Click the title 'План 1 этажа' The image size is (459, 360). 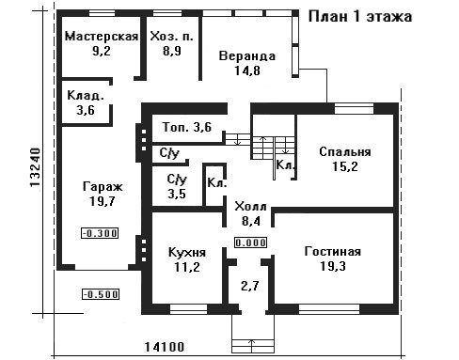point(360,17)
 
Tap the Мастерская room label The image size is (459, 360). point(102,37)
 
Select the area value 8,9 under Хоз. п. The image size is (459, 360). point(172,51)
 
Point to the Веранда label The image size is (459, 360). point(247,56)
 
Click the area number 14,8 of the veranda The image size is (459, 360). point(247,70)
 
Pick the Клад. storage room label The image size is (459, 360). point(86,96)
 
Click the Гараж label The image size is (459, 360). point(103,187)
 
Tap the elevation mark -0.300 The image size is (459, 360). point(100,233)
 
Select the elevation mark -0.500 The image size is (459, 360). point(101,294)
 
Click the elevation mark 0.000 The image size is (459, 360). point(251,243)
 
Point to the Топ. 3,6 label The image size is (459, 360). point(187,127)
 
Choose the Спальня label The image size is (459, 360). point(345,152)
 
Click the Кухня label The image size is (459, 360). point(187,253)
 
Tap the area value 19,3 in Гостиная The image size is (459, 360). point(333,266)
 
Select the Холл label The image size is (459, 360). point(250,207)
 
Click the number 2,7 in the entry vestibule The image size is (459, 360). point(250,286)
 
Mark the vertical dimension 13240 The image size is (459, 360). point(35,167)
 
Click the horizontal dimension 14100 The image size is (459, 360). point(165,347)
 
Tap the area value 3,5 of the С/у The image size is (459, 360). point(177,194)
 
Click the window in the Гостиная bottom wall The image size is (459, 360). point(329,309)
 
